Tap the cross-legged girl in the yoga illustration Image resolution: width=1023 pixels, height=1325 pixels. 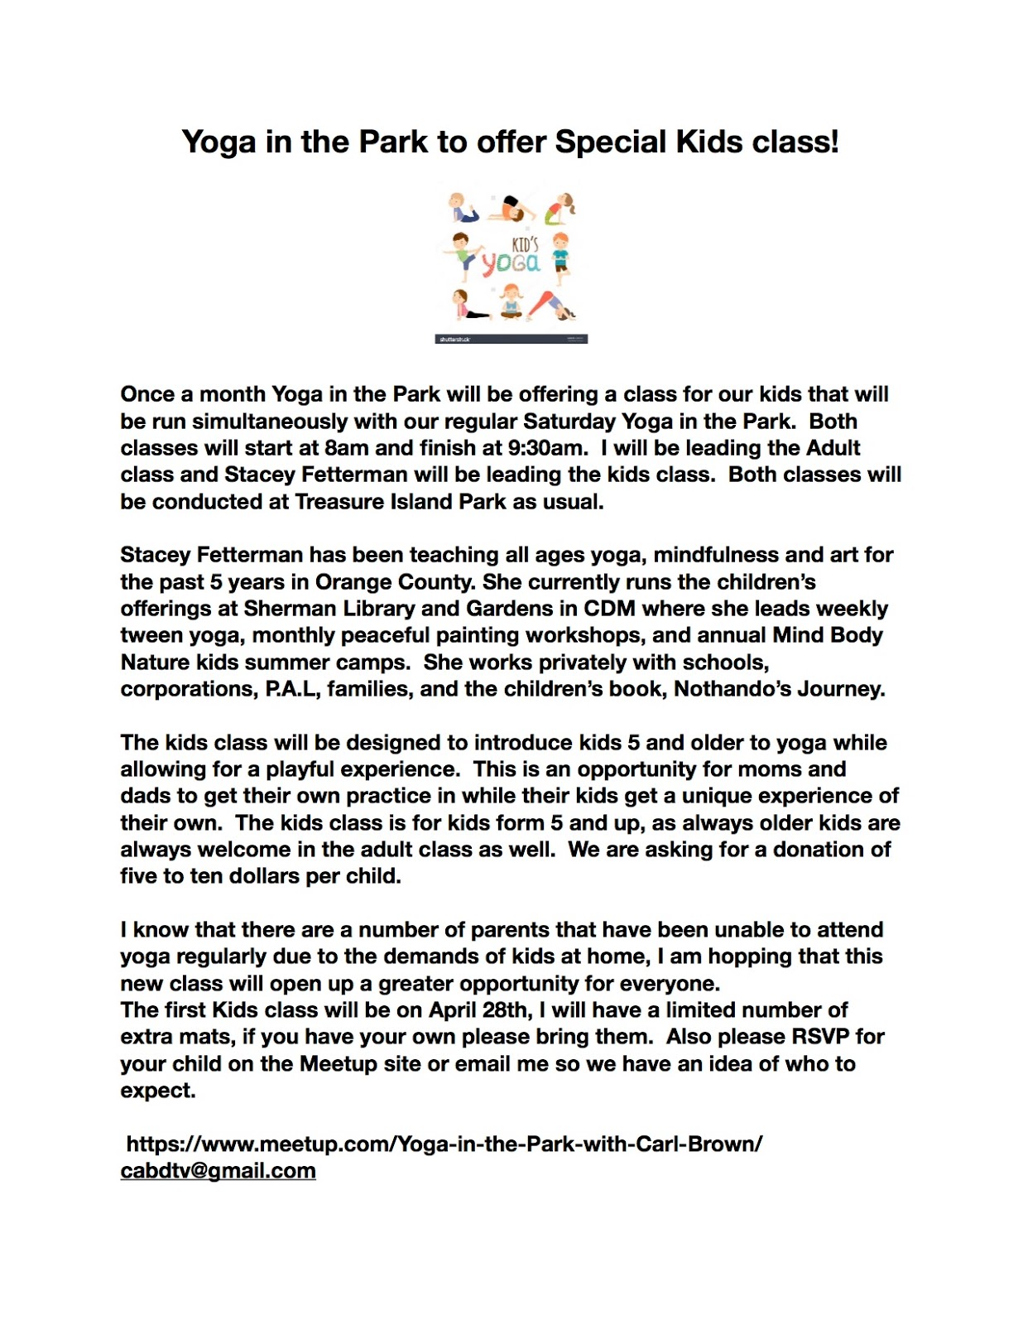coord(511,302)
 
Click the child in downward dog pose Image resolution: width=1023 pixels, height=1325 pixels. coord(553,305)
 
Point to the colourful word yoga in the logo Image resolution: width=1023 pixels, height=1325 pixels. coord(511,263)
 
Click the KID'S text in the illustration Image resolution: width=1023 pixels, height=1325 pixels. coord(526,244)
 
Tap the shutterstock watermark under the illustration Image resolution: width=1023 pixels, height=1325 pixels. coord(454,339)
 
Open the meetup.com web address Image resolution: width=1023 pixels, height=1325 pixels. coord(444,1144)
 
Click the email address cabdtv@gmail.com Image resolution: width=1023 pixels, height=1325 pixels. coord(219,1171)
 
